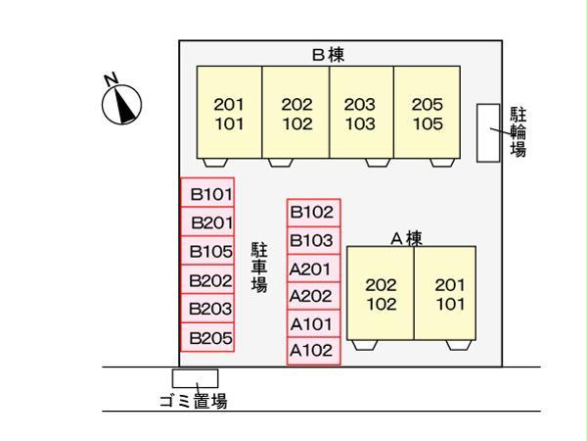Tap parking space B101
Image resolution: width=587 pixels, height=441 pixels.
(x=207, y=193)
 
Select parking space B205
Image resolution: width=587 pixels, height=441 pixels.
(x=207, y=338)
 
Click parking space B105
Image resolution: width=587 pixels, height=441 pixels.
(x=207, y=251)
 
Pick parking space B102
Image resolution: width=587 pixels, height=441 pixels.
(x=313, y=212)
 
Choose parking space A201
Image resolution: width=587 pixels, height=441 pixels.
(x=313, y=269)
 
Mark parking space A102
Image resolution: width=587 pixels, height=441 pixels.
(x=313, y=350)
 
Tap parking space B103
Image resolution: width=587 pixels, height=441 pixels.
(x=313, y=240)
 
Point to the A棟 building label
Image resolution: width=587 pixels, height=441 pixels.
(x=406, y=237)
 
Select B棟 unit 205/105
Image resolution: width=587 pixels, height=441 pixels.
(x=426, y=114)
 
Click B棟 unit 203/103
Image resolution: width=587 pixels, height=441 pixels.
(x=361, y=114)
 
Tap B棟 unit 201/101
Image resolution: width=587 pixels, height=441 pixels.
(x=230, y=114)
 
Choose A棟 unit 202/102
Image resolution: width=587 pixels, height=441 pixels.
(x=381, y=293)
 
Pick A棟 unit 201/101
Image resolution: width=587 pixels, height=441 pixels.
(x=449, y=293)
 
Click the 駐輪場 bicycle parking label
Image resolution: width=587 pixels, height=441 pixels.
(x=519, y=131)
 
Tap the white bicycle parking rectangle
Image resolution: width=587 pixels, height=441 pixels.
(x=487, y=132)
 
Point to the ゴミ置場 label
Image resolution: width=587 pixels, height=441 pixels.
(x=194, y=400)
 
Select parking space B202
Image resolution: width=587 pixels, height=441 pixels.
(x=207, y=280)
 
